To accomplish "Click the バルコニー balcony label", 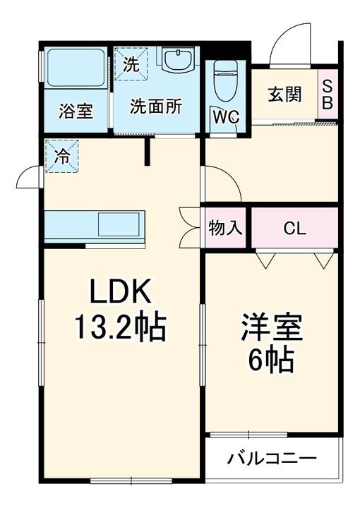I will (x=272, y=459).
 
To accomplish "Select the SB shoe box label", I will (x=327, y=94).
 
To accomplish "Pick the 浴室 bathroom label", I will (x=76, y=111).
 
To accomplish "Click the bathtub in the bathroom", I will (x=76, y=68).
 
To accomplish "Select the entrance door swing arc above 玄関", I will (x=289, y=42).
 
